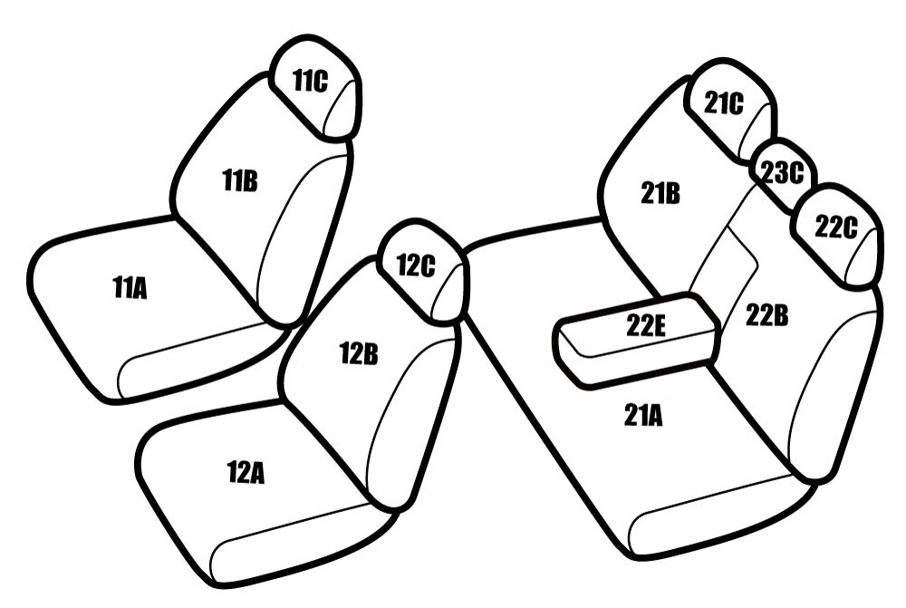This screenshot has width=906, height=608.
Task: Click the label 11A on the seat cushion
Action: pos(130,288)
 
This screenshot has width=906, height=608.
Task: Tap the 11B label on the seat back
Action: pos(240,181)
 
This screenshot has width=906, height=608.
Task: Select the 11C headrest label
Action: pos(310,81)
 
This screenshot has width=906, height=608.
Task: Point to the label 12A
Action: pos(246,472)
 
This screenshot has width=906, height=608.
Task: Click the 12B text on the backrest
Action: pos(359,353)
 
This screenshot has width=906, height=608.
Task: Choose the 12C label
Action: pos(416,265)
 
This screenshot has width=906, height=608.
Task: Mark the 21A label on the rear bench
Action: pos(643,415)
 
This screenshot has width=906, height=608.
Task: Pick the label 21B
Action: pos(660,193)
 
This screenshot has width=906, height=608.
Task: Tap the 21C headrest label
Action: pos(724,103)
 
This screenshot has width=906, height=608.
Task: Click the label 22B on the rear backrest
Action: pos(766,315)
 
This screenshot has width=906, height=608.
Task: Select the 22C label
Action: pos(836,227)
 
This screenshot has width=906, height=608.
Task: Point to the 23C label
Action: pos(782,172)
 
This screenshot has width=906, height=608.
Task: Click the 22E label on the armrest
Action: pos(646,326)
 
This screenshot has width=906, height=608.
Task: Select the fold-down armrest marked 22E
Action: pos(639,339)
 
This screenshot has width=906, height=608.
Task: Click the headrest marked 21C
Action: pos(730,111)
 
